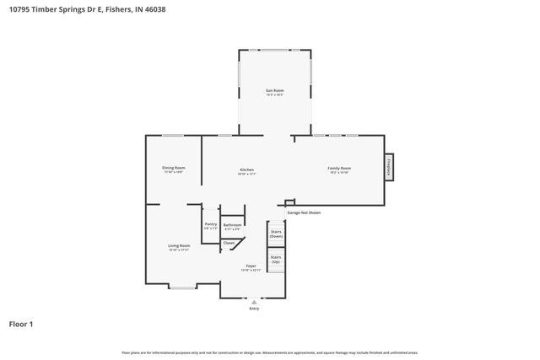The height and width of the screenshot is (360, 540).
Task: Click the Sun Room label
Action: (x=274, y=90)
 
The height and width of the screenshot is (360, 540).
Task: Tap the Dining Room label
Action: (x=174, y=168)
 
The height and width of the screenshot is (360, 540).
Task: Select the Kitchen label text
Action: (x=246, y=169)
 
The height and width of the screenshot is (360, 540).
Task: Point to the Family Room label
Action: (x=339, y=168)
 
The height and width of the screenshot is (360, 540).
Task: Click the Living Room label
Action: (x=179, y=245)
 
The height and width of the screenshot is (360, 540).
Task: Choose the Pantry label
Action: (x=211, y=224)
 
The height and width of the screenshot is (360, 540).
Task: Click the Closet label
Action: (x=229, y=243)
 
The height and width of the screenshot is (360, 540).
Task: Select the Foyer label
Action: (x=251, y=266)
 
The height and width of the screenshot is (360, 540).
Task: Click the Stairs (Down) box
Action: (x=276, y=234)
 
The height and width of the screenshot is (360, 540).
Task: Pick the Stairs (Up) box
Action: (x=276, y=260)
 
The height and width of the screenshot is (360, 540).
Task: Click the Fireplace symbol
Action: (x=390, y=166)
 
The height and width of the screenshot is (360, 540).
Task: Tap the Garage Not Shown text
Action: (x=304, y=212)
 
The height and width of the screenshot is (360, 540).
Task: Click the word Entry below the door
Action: (x=254, y=309)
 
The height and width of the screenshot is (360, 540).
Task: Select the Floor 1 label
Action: (x=22, y=323)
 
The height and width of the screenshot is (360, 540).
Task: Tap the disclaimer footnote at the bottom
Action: (x=269, y=352)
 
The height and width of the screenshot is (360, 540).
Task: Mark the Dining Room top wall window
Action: (x=173, y=136)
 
